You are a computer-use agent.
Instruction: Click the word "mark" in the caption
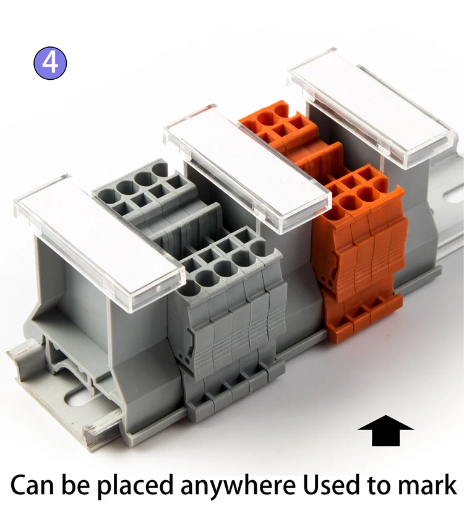tap(427, 484)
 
